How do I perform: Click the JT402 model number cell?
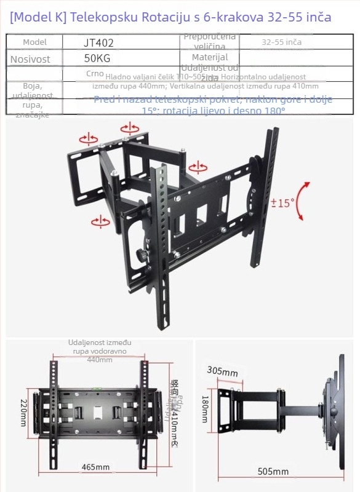click(98, 43)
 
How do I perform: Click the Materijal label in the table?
click(209, 57)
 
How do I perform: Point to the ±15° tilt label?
click(283, 202)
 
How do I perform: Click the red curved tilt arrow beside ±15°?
click(301, 200)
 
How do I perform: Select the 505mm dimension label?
click(273, 472)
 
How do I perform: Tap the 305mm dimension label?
click(222, 371)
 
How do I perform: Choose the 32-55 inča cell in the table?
click(281, 43)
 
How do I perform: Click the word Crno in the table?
click(95, 73)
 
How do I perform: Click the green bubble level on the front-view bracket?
click(98, 389)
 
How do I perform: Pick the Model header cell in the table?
click(34, 42)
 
